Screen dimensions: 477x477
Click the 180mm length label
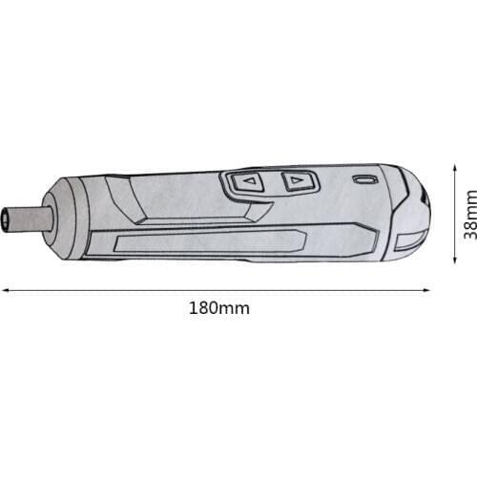[x=218, y=308]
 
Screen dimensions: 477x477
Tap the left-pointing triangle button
[x=249, y=180]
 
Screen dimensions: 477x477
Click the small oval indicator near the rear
[x=364, y=179]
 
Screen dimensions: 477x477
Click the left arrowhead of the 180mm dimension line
[x=5, y=291]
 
